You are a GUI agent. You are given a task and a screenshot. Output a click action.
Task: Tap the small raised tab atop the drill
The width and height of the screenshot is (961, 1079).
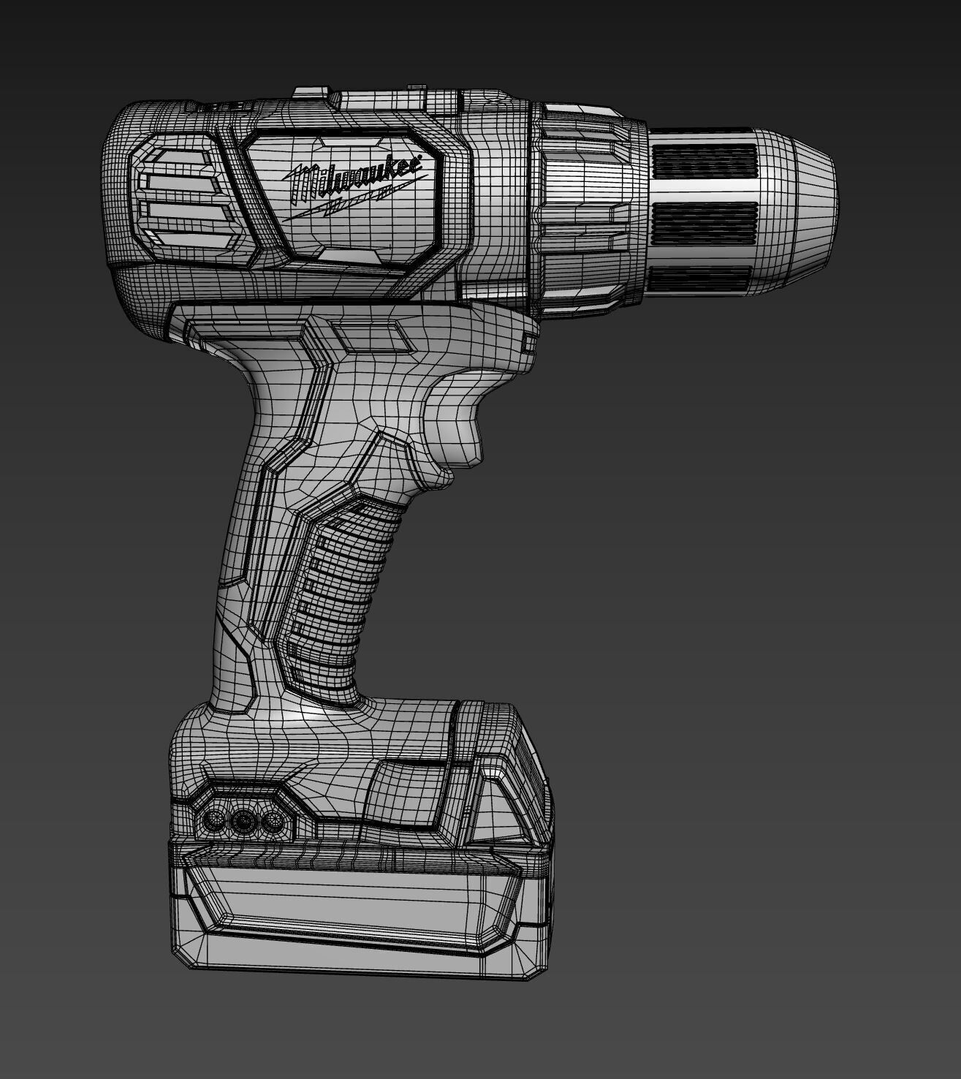[x=311, y=93]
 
